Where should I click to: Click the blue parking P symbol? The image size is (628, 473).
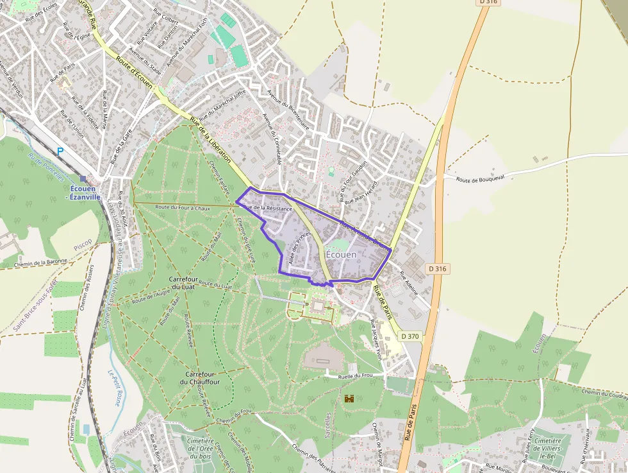[60, 151]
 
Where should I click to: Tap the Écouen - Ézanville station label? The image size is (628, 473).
[83, 193]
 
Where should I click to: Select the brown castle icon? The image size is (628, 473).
[349, 399]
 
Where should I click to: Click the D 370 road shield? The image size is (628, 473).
[410, 336]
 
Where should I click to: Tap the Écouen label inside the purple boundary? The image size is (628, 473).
[341, 255]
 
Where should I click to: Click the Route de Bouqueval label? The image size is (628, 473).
[481, 178]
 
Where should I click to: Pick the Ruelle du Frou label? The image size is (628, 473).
[356, 375]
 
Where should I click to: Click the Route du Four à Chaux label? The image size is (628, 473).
[183, 207]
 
